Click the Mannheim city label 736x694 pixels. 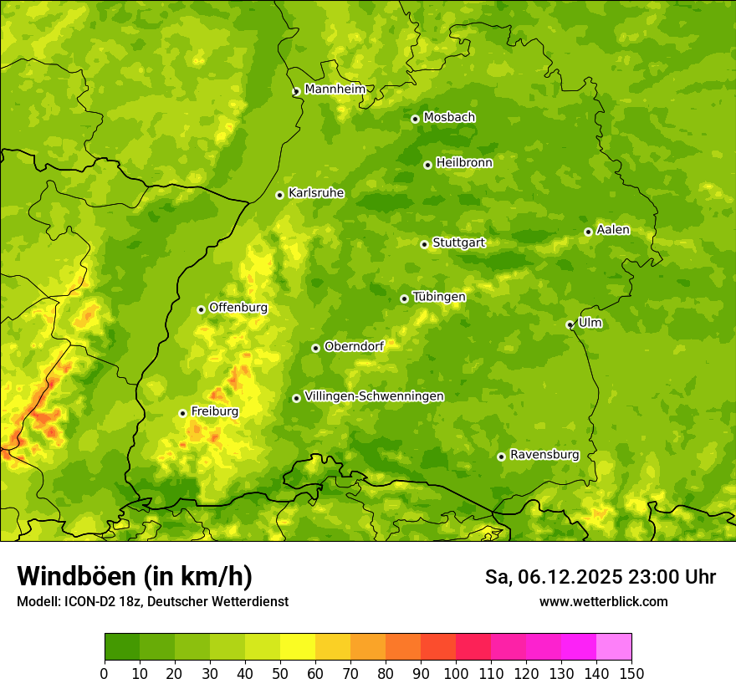tap(335, 89)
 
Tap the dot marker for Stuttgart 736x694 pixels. tap(424, 244)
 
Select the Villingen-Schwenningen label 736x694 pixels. tap(374, 396)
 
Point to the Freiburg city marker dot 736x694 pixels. tap(182, 413)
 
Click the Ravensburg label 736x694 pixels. tap(544, 455)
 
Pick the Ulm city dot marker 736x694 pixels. tap(570, 324)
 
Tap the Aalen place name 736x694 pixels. tap(613, 230)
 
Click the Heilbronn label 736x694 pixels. tap(464, 163)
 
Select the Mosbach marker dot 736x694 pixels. tap(415, 119)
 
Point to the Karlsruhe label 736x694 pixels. tap(316, 193)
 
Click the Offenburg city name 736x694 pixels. tap(238, 308)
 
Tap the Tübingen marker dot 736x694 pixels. tap(404, 299)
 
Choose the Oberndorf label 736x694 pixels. tap(354, 346)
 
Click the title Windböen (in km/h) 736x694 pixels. tap(135, 576)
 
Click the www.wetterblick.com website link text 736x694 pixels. tap(603, 601)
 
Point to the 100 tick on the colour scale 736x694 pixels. tap(456, 673)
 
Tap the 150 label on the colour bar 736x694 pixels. tap(631, 673)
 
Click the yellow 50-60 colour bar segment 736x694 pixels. tap(298, 647)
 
